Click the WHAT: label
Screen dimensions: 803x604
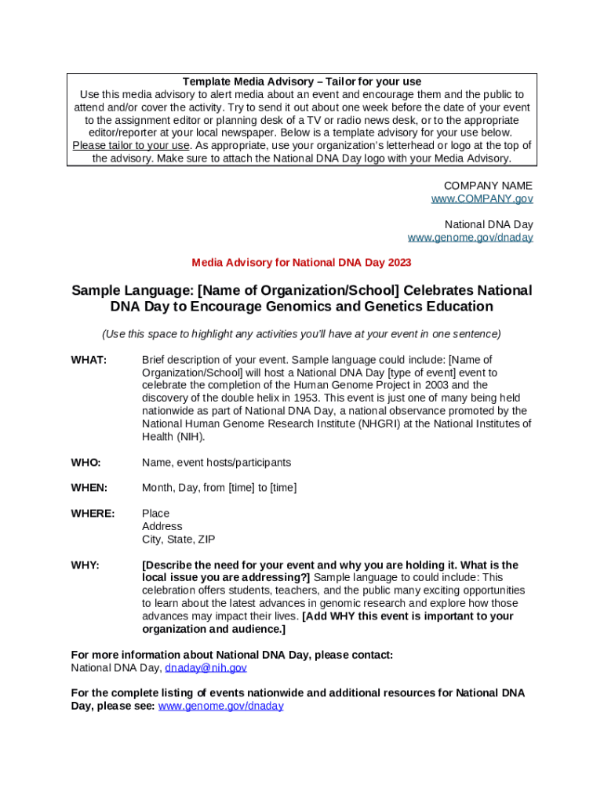coord(89,360)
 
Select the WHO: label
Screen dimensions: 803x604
coord(86,463)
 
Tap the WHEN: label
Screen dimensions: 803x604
coord(89,488)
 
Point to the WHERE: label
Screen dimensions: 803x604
coord(93,514)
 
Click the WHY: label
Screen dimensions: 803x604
coord(85,565)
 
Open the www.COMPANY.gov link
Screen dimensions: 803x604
coord(482,199)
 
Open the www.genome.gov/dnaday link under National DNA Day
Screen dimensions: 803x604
coord(470,238)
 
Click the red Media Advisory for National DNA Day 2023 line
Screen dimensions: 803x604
coord(301,263)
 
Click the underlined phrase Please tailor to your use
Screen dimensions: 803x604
coord(131,146)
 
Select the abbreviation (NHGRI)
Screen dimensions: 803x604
coord(381,424)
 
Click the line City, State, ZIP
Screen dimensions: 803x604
coord(178,540)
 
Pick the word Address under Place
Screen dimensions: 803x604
coord(162,526)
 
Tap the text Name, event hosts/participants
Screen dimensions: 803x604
coord(216,463)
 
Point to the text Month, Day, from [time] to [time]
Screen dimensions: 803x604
coord(219,488)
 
